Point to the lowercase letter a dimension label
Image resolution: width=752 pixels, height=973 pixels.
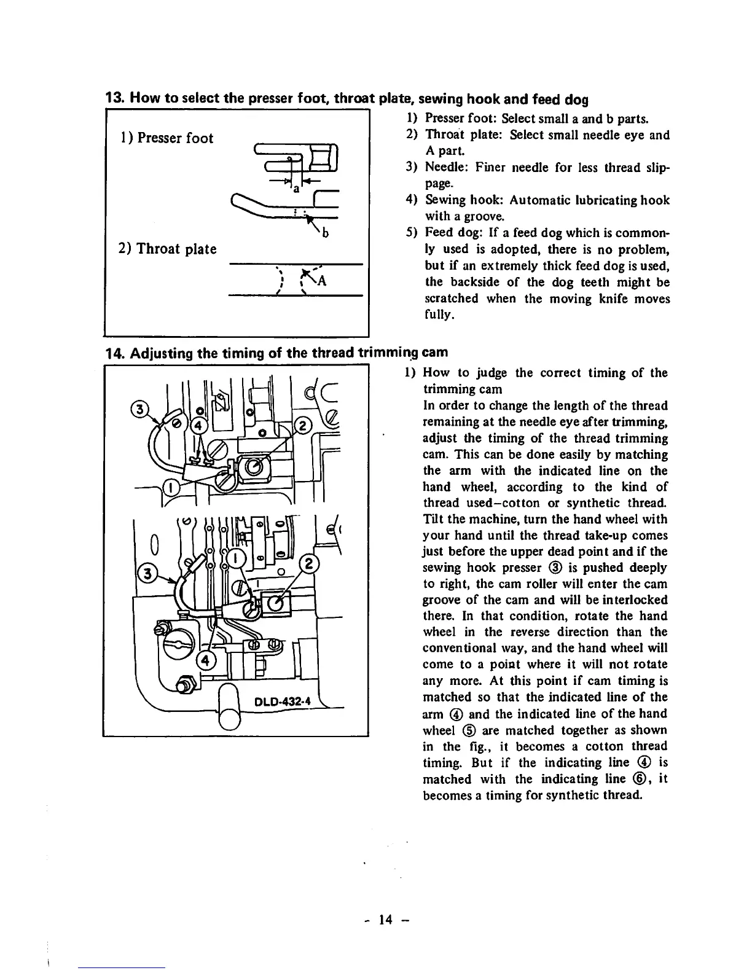(x=296, y=189)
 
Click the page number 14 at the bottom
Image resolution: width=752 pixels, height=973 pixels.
(x=385, y=920)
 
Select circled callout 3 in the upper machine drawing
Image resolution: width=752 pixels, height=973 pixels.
(x=141, y=408)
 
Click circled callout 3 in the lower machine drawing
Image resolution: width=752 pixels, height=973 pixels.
(x=147, y=574)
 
